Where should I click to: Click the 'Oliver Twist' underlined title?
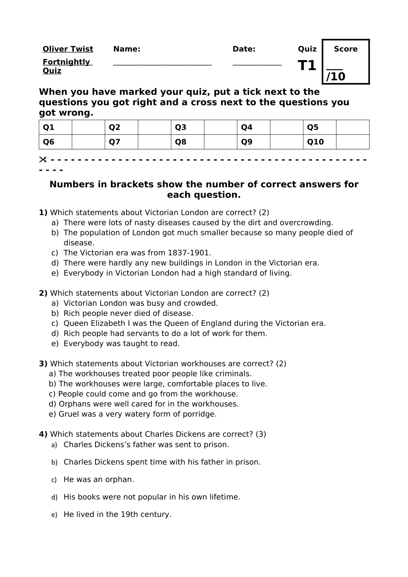pos(68,49)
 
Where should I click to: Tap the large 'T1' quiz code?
pos(307,66)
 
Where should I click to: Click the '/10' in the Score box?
pos(336,77)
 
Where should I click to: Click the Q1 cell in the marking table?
pos(49,128)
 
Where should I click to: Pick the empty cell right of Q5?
pos(353,128)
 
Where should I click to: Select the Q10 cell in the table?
pos(315,142)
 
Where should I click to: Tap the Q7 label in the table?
pos(115,142)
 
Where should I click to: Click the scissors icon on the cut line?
pos(43,160)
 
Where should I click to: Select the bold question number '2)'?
pos(43,293)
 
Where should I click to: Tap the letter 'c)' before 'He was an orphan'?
pos(54,480)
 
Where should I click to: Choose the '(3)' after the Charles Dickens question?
pos(261,434)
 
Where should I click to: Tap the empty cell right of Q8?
pos(220,142)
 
